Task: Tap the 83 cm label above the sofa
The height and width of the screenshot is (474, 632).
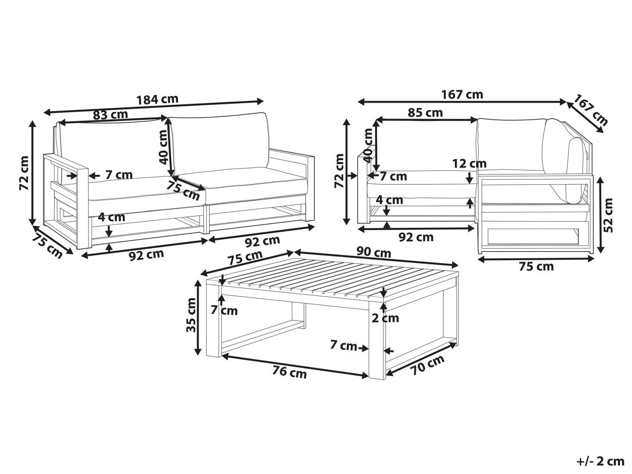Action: point(110,115)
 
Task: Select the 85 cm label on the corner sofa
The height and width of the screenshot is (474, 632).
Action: point(425,113)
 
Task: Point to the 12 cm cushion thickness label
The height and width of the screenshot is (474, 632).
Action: point(469,164)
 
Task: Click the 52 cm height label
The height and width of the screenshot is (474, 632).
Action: point(608,215)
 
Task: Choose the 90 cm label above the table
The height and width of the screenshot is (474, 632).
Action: point(374,252)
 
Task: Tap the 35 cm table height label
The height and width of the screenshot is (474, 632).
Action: point(191,315)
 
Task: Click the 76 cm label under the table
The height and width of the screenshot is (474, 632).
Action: point(289,372)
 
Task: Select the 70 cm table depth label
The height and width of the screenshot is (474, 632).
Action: point(428,365)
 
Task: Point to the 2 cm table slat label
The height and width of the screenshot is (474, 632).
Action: point(385,318)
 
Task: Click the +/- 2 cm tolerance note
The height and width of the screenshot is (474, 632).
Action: point(599,461)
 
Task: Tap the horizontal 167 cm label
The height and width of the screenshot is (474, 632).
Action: point(462,94)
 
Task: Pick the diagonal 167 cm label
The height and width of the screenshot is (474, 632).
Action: point(590,110)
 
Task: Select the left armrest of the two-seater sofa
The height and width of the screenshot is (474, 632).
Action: point(66,202)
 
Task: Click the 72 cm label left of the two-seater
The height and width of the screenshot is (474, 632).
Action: point(24,173)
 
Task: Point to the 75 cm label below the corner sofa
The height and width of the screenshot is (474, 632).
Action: point(536,266)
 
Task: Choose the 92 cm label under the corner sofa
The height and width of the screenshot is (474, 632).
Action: point(416,237)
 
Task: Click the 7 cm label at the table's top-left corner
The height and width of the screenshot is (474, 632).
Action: point(224,310)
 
